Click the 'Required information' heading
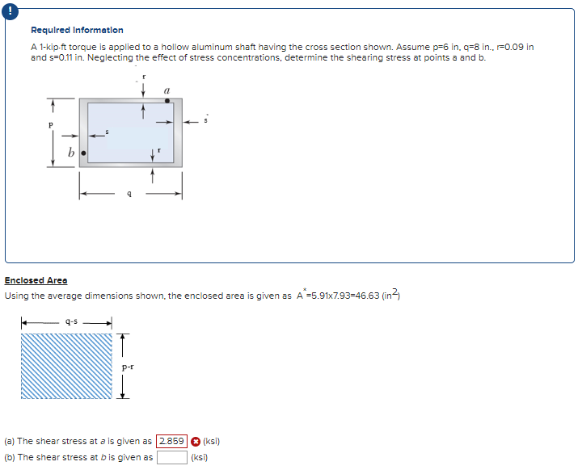(77, 30)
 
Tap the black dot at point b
(82, 152)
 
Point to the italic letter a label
(166, 90)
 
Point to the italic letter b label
(71, 152)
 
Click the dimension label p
(51, 126)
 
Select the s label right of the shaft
(207, 118)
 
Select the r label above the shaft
(143, 77)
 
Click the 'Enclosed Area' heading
(36, 280)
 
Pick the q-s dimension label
(71, 321)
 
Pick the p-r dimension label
(128, 366)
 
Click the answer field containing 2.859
(171, 441)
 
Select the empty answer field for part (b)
(171, 457)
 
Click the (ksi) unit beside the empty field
(200, 457)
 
